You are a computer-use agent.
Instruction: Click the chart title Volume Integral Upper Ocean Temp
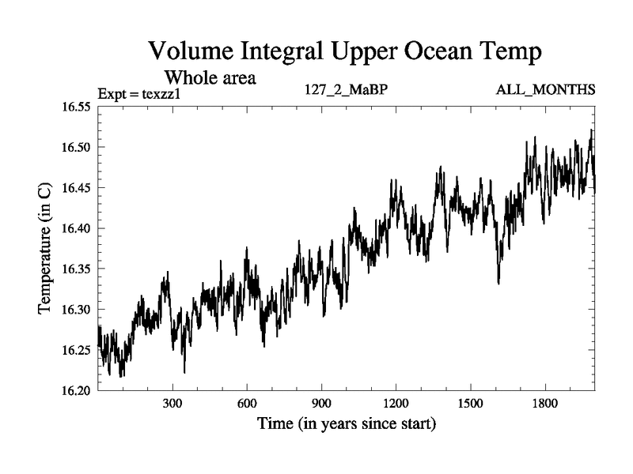(345, 53)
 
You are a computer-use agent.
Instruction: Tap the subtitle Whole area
(210, 78)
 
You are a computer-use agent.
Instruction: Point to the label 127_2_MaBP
(346, 89)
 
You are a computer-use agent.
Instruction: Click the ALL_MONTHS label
(545, 89)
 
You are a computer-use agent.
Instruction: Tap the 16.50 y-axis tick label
(77, 148)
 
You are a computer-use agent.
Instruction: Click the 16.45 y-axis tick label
(77, 188)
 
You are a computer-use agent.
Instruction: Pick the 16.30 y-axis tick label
(77, 310)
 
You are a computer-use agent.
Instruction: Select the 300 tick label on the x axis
(172, 403)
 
